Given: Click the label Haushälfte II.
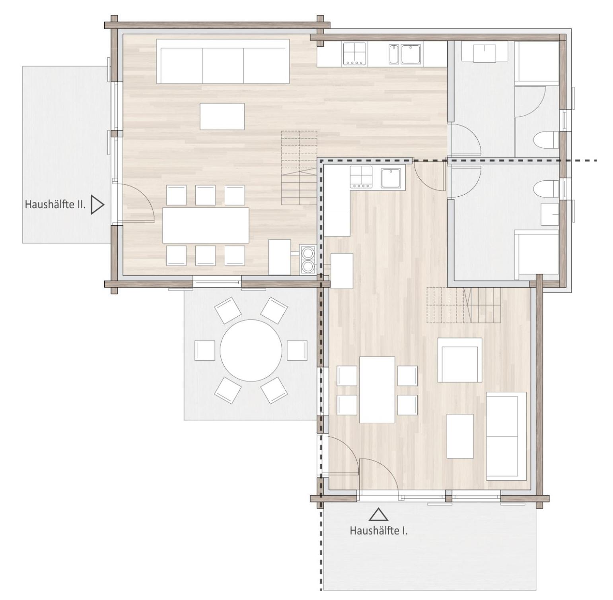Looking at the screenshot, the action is coord(55,204).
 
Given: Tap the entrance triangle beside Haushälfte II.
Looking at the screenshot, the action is coord(97,205).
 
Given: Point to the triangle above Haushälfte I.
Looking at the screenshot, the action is coord(378,514).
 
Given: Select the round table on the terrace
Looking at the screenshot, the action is coord(251,350).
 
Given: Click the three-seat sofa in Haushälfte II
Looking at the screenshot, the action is coord(223,61).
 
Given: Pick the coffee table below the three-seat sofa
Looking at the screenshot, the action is coord(222,116).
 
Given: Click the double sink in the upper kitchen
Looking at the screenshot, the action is coord(406,54).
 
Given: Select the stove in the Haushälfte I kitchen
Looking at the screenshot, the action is coord(361,177).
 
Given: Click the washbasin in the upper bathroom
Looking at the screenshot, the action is coord(485,53).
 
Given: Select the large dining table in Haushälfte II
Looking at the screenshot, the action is coord(206,225).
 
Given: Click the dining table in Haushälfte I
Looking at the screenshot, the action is coord(377,390).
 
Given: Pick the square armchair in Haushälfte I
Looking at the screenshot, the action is coord(460,360).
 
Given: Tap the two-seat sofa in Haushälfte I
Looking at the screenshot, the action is coord(506,435).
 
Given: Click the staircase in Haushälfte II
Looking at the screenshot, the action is coord(299,168).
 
